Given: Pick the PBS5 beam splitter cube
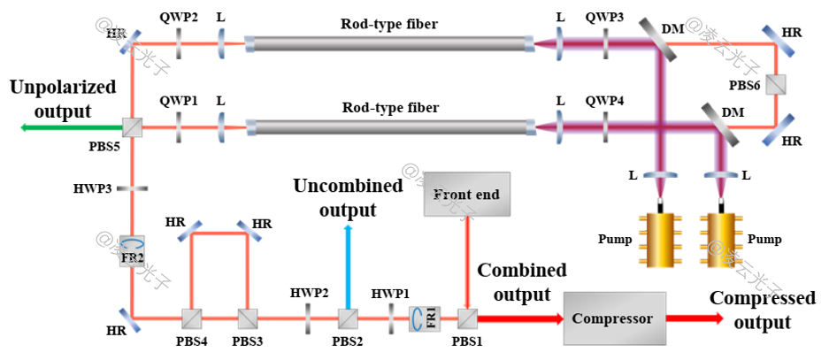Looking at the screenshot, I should (131, 128).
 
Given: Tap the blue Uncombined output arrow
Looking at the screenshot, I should (348, 265).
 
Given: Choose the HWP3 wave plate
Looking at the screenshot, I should (131, 188).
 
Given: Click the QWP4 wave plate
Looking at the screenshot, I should (605, 128).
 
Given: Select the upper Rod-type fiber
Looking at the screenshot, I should (389, 42).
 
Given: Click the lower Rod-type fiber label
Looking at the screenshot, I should (389, 109).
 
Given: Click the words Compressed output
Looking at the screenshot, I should (763, 310).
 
